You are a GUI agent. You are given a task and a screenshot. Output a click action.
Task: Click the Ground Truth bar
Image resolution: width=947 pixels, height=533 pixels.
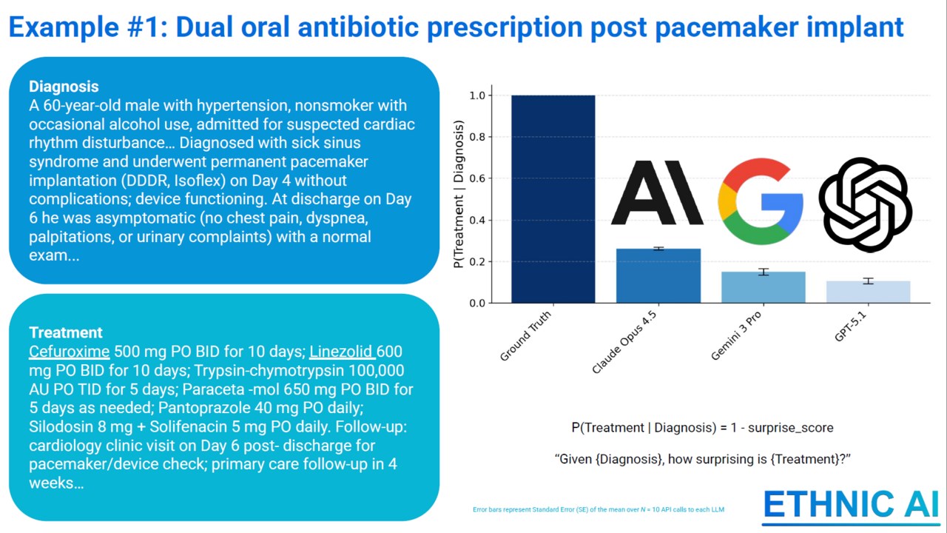[x=553, y=199]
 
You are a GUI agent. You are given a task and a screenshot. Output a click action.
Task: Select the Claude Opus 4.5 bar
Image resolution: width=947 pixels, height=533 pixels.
[x=658, y=276]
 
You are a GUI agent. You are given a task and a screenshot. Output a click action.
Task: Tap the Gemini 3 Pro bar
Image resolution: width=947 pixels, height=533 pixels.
[x=763, y=288]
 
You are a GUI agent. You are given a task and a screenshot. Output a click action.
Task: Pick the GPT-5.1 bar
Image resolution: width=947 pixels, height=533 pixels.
[x=869, y=292]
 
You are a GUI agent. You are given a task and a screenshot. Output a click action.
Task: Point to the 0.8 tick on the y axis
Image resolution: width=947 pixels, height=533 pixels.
[x=490, y=137]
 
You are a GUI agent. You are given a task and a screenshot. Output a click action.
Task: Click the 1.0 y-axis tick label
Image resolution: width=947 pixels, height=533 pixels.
[x=477, y=95]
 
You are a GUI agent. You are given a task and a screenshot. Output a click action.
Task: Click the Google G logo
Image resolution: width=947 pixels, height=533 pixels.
[x=761, y=201]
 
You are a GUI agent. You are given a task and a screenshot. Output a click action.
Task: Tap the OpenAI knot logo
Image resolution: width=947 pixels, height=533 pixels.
[x=865, y=205]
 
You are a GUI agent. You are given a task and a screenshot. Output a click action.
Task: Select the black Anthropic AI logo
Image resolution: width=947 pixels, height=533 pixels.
[x=658, y=192]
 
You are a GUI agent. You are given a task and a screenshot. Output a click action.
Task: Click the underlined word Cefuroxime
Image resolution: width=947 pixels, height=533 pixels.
[x=70, y=352]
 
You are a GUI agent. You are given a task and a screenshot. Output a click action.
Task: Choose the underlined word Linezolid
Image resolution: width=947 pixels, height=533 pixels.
[x=341, y=352]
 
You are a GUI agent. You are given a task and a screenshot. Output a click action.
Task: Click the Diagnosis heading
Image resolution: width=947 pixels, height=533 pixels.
[x=64, y=87]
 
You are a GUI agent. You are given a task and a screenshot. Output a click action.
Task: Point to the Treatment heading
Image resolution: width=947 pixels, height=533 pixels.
[x=66, y=332]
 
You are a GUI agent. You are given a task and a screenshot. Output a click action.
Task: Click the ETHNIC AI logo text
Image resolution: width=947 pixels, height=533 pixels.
[x=851, y=504]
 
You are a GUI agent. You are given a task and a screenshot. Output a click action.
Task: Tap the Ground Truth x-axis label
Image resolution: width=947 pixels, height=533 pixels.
[x=525, y=336]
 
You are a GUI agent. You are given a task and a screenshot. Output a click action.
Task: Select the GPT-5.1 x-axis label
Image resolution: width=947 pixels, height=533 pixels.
[x=850, y=326]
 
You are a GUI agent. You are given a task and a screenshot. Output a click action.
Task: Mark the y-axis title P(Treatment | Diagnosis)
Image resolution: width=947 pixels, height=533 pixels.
[x=459, y=194]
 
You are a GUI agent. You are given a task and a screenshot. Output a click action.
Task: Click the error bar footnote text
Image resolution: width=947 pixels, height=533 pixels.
[x=599, y=510]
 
